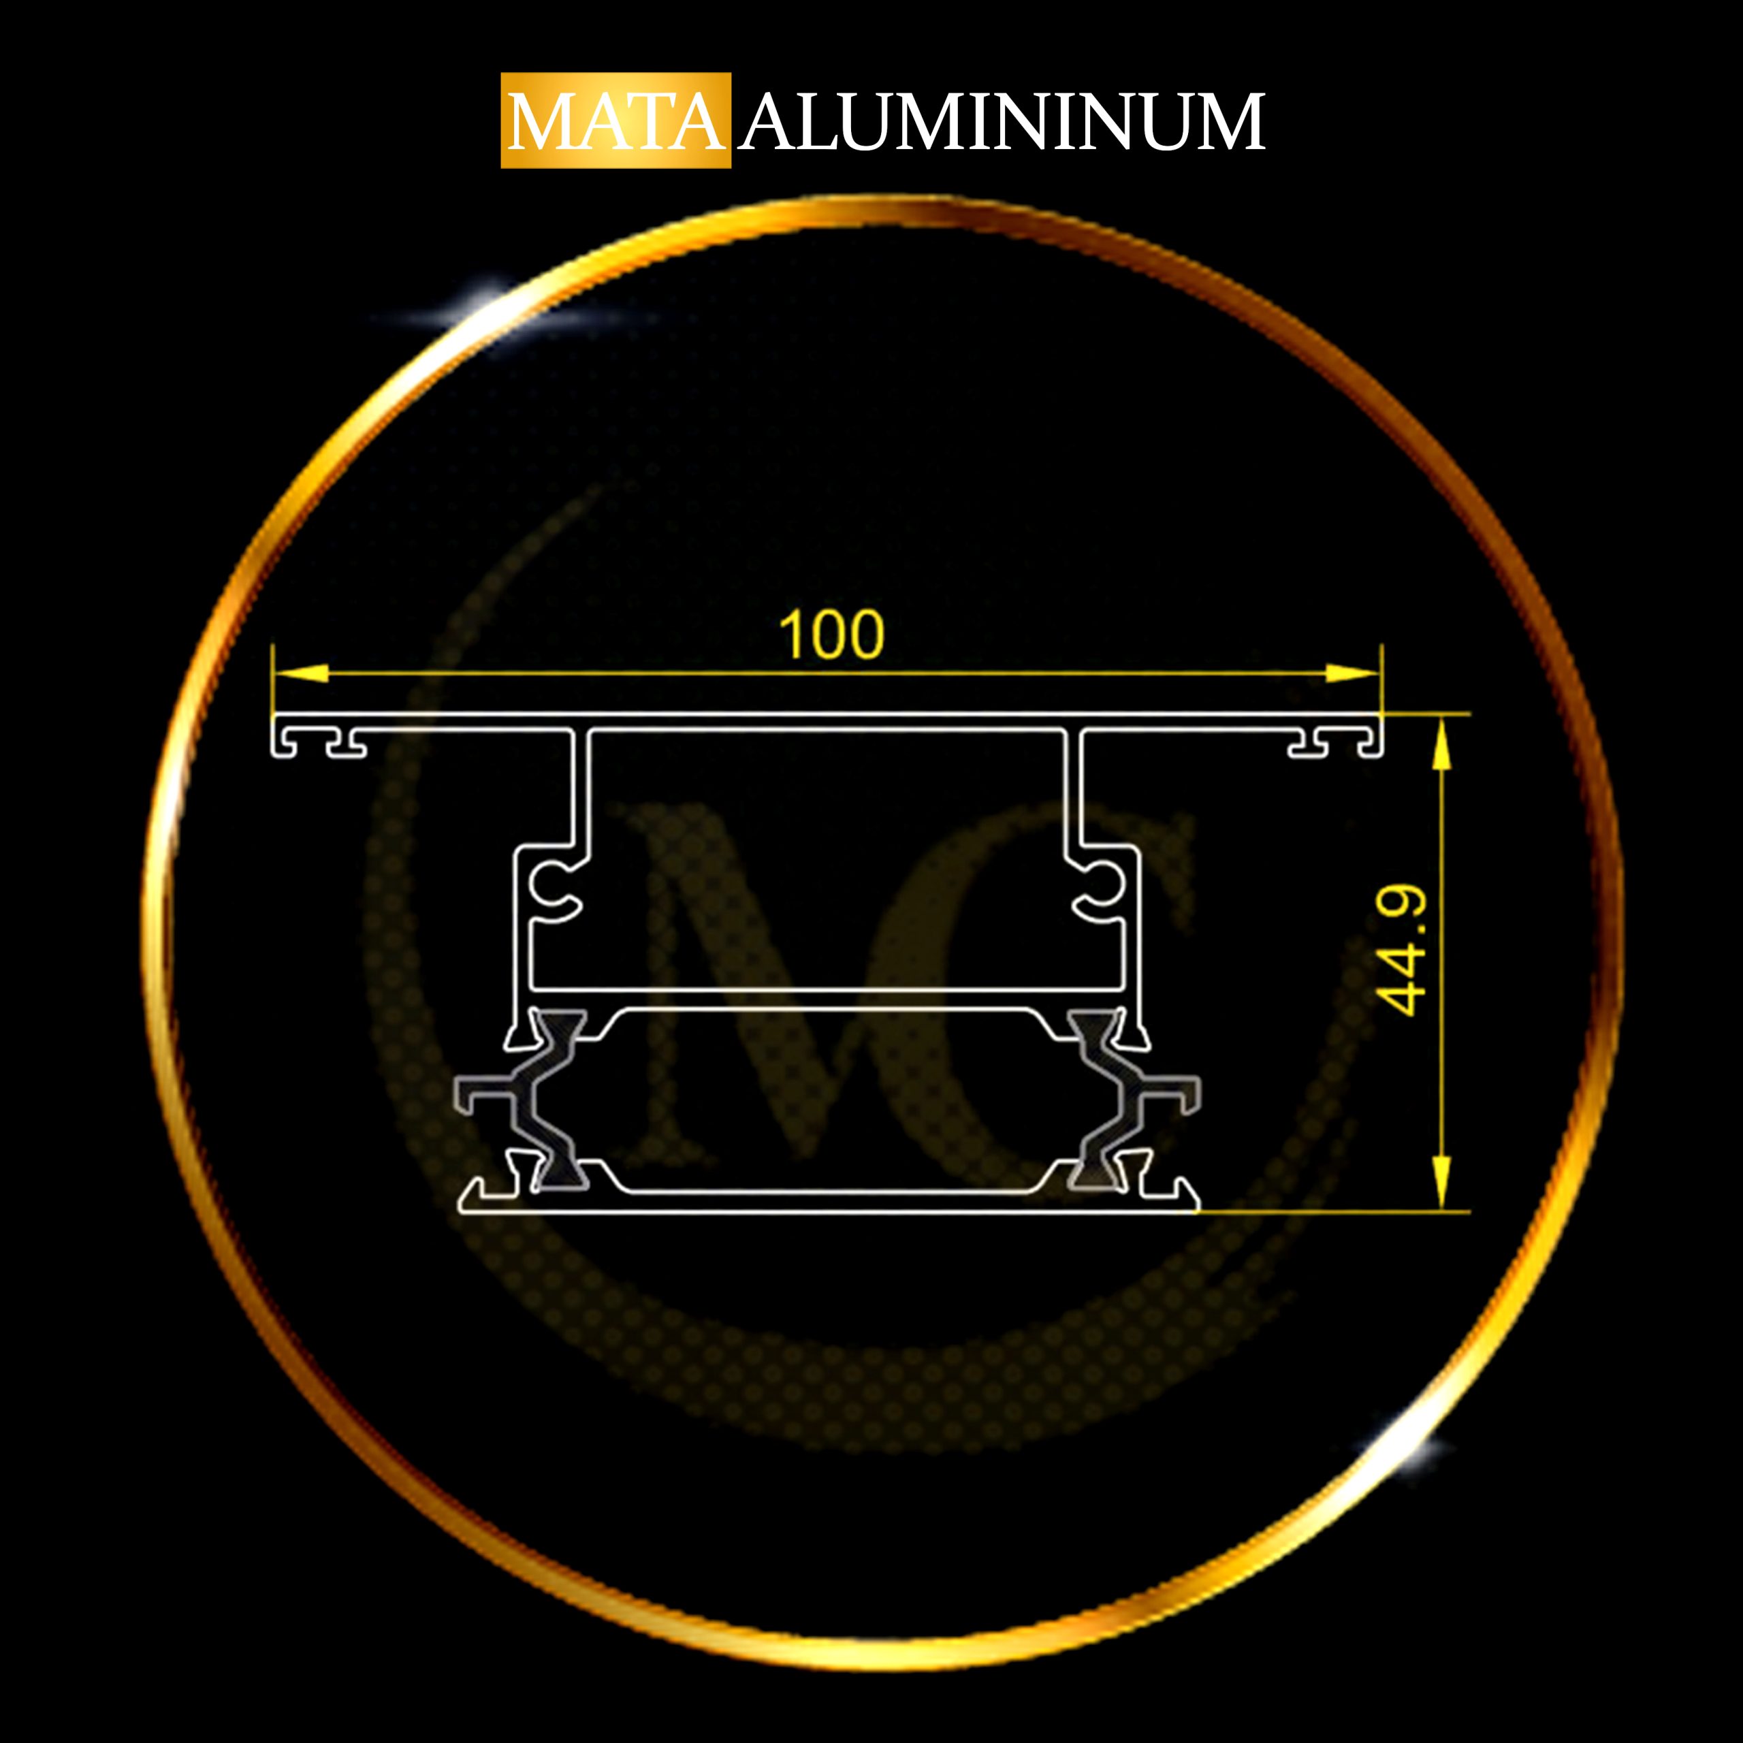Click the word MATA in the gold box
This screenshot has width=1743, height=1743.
point(615,122)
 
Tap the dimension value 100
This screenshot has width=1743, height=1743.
point(831,635)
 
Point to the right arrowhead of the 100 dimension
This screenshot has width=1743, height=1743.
point(1352,673)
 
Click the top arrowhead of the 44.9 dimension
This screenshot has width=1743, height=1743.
point(1441,743)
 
